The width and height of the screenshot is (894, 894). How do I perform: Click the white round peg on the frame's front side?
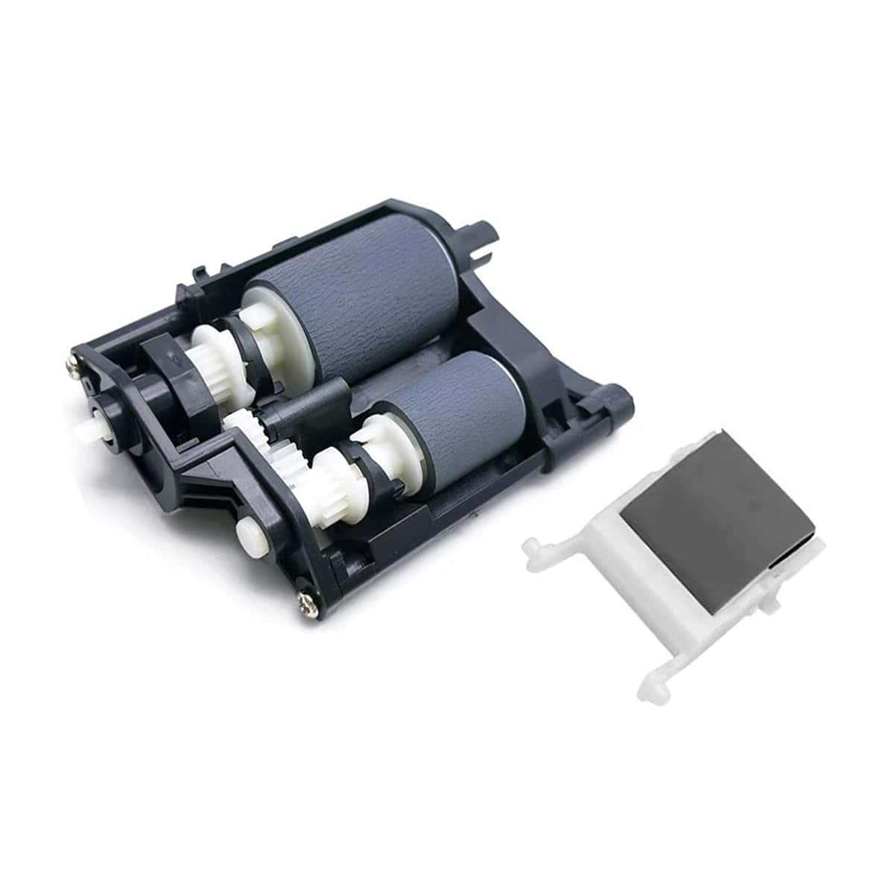(247, 533)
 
